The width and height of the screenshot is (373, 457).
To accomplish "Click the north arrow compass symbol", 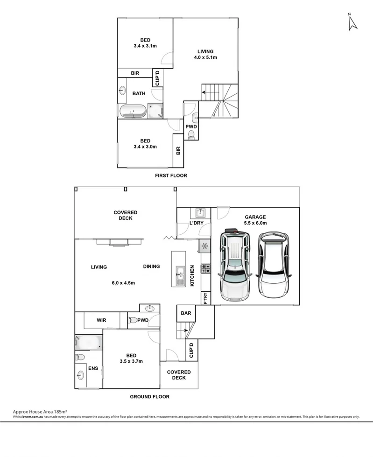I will pos(352,23).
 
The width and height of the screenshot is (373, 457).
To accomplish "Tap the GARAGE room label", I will pos(254,217).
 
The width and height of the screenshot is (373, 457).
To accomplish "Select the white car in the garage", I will pos(273,267).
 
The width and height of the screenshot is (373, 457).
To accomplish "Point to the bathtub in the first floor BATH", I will pos(133,112).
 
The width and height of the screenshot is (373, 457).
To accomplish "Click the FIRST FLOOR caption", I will pos(171,176).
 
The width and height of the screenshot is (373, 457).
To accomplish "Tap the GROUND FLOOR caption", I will pos(150,397).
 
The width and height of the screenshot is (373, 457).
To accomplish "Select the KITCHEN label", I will pos(191,276).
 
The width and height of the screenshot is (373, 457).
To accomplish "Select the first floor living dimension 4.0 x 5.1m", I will pos(205,57).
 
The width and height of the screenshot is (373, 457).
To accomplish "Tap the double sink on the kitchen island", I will pos(179,275).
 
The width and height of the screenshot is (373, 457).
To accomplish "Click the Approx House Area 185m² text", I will pos(40,412).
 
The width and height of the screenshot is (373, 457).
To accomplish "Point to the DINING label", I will pos(151,267).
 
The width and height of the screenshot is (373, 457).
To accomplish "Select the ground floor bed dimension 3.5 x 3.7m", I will pos(131,361).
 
